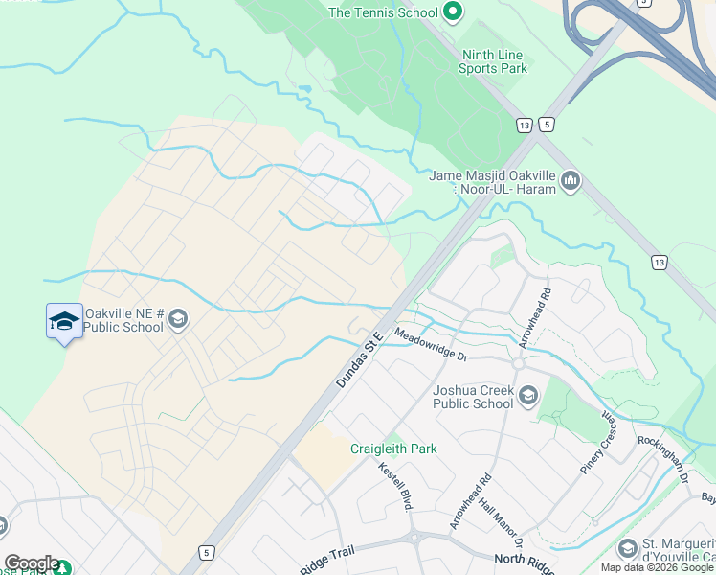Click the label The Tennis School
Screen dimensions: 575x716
coord(383,12)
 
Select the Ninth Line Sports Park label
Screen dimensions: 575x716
coord(492,61)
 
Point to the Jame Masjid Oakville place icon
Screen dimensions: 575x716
coord(571,181)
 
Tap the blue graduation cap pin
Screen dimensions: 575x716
coord(64,321)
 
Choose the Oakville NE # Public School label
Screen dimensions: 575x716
coord(123,320)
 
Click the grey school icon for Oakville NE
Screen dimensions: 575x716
coord(179,320)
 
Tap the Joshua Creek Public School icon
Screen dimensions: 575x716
coord(527,396)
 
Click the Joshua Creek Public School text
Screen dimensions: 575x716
coord(473,397)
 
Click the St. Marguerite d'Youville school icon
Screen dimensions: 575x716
coord(628,548)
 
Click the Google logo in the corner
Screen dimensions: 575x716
coord(32,563)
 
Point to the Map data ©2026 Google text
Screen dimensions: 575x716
coord(657,567)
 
